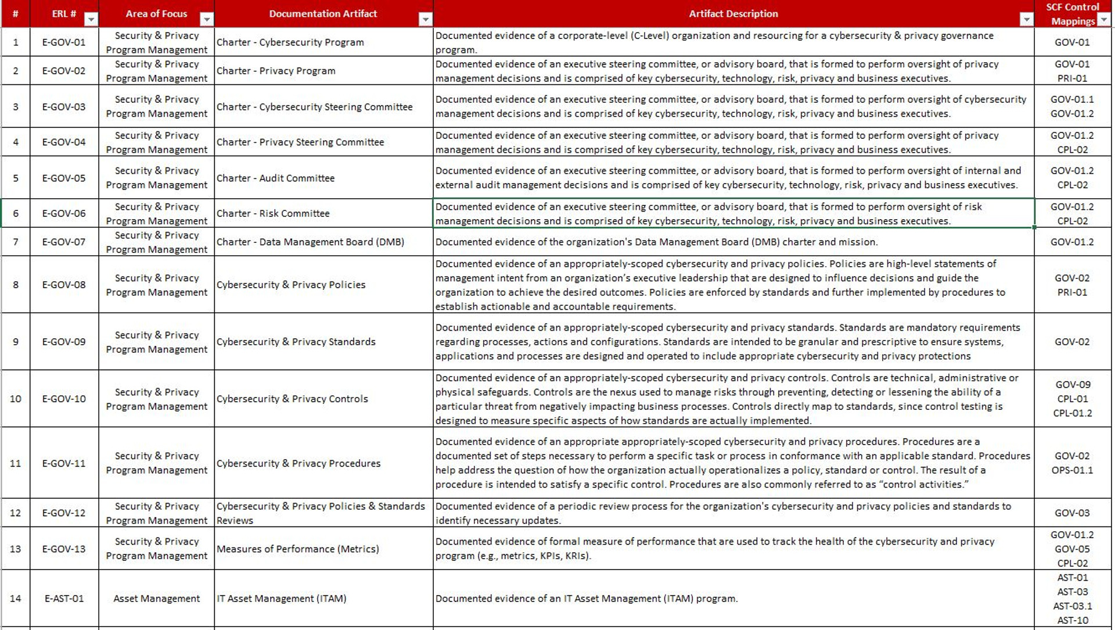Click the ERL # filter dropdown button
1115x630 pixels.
point(91,20)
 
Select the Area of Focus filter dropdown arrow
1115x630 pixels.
point(206,20)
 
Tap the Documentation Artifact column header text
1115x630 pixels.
point(323,13)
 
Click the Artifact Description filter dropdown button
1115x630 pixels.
point(1026,20)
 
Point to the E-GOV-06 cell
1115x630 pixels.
point(64,213)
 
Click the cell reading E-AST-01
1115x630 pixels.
point(64,598)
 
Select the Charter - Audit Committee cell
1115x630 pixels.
point(276,178)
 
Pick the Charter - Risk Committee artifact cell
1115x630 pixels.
point(273,213)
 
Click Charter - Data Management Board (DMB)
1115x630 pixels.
point(310,242)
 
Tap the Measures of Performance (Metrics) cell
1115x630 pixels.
point(298,549)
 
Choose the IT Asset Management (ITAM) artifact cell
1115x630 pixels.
point(282,598)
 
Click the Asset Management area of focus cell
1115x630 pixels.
point(156,598)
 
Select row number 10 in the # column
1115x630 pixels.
point(16,399)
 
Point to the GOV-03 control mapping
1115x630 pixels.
point(1072,513)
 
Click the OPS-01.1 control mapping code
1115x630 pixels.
point(1072,470)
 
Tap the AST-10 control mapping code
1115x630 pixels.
point(1073,620)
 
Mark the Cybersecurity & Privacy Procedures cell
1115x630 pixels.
point(298,463)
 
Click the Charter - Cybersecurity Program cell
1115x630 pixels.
point(290,42)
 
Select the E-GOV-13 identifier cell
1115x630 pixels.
point(64,549)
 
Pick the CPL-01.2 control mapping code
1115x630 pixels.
point(1073,413)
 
